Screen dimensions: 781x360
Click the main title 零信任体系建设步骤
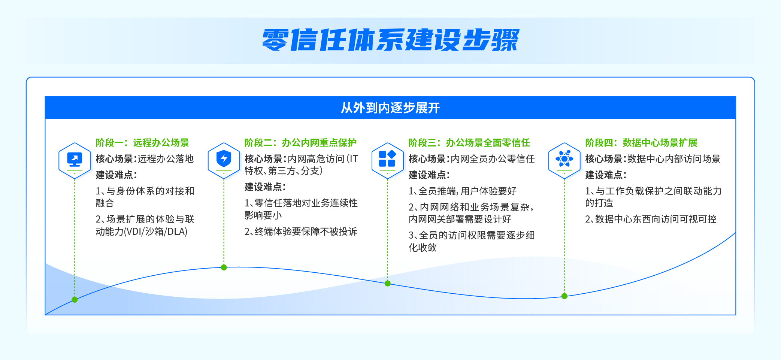(x=391, y=40)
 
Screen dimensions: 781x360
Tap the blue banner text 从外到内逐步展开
(x=390, y=108)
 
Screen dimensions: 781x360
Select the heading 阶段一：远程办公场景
(x=142, y=143)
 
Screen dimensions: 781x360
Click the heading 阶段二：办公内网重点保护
(x=300, y=143)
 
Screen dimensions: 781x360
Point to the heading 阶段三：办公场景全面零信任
(x=469, y=143)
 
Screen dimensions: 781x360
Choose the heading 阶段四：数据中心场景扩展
(x=641, y=143)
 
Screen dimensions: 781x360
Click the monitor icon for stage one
(x=75, y=159)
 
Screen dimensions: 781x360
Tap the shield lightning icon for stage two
(x=224, y=158)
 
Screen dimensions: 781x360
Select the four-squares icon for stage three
(x=387, y=158)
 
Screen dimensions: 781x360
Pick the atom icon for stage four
(x=564, y=158)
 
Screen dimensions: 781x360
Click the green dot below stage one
(x=75, y=300)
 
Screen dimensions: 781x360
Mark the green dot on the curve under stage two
(x=224, y=267)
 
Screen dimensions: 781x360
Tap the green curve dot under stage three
(x=387, y=284)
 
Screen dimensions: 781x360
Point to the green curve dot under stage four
(x=564, y=296)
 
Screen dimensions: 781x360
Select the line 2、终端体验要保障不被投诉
(x=301, y=232)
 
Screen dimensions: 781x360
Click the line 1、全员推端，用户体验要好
(x=463, y=191)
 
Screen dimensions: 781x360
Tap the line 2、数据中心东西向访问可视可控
(x=651, y=219)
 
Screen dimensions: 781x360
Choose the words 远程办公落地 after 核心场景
(x=166, y=159)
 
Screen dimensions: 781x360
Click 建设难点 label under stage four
(x=606, y=175)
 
